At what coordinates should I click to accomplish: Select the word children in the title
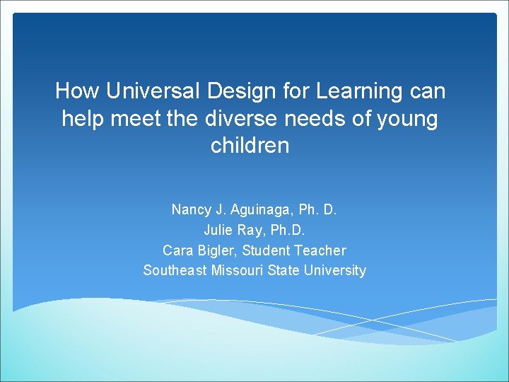pyautogui.click(x=250, y=146)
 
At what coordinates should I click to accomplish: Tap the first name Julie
pyautogui.click(x=218, y=230)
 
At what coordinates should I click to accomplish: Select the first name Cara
pyautogui.click(x=177, y=250)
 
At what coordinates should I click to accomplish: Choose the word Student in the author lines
pyautogui.click(x=266, y=250)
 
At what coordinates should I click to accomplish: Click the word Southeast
pyautogui.click(x=175, y=270)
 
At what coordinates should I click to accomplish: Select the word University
pyautogui.click(x=334, y=270)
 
